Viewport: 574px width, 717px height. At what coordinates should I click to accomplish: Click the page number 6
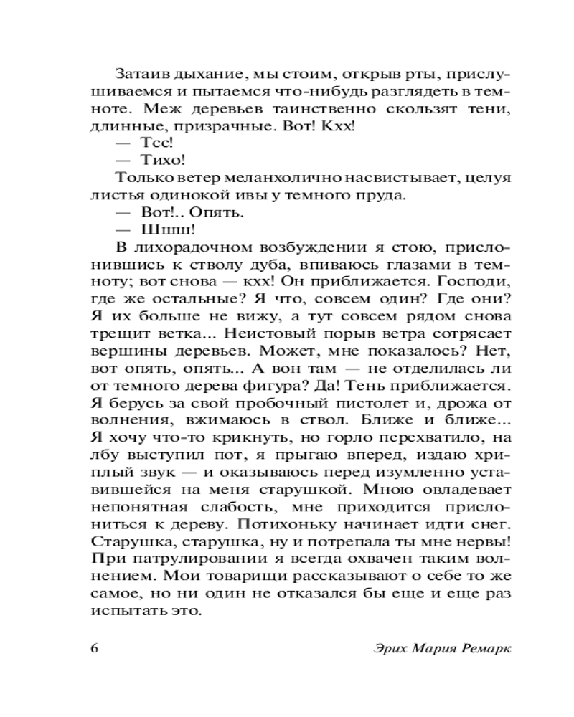click(96, 648)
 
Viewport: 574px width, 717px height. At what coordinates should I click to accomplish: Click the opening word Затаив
click(137, 74)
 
